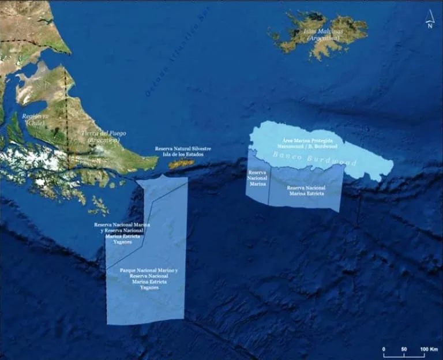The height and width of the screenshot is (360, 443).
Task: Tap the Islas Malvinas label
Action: [323, 31]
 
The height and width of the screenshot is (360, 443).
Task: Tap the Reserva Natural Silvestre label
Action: [183, 151]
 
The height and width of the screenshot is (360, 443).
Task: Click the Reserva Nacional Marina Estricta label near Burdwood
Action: [306, 190]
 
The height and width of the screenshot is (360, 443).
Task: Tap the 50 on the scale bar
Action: [403, 350]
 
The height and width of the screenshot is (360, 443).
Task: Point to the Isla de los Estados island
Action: [181, 164]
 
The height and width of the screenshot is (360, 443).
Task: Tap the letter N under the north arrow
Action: [430, 25]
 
